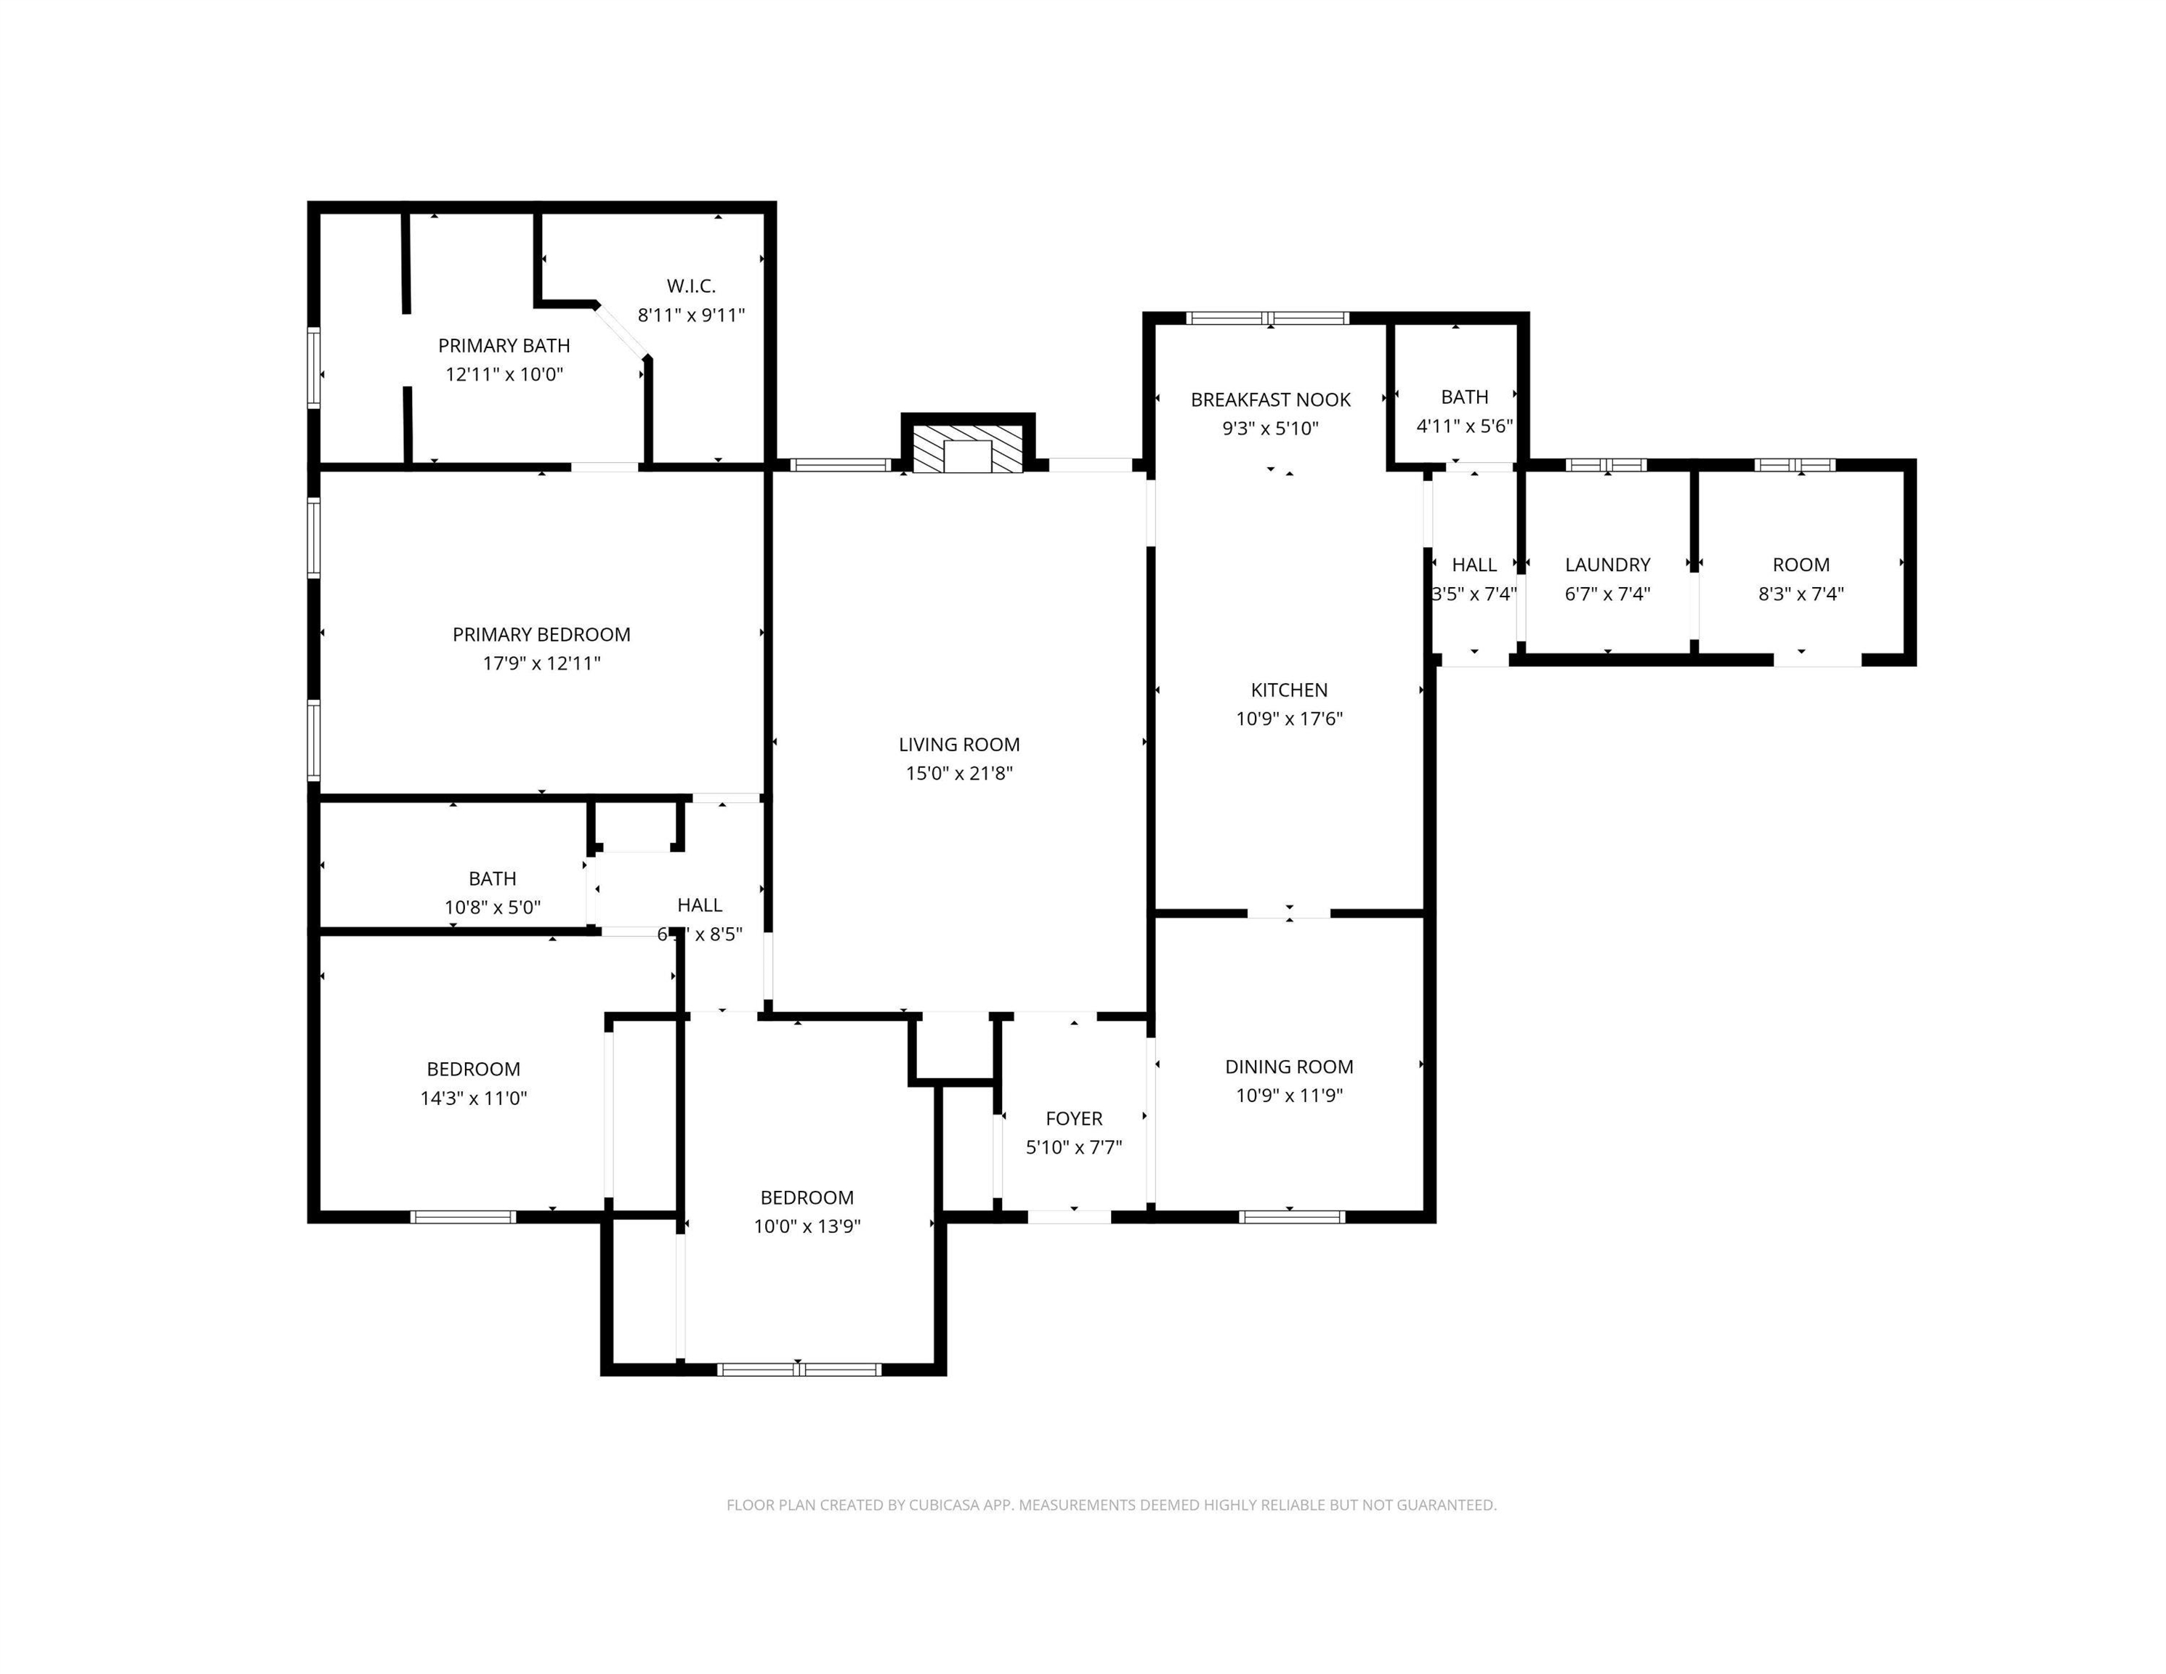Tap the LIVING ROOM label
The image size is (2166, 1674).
coord(959,744)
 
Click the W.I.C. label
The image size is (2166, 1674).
coord(691,286)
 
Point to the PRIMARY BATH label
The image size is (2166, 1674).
coord(504,345)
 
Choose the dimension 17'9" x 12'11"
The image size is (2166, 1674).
coord(541,663)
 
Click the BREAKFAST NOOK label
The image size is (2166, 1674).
coord(1270,400)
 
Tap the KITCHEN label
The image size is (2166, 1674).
coord(1288,690)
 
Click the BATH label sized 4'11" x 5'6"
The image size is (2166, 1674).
coord(1464,397)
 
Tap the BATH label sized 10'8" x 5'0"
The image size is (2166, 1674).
coord(492,878)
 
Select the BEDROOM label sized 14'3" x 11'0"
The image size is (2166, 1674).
coord(473,1068)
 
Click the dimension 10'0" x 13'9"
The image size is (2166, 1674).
coord(807,1226)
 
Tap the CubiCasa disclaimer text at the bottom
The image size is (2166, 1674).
coord(1111,1505)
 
